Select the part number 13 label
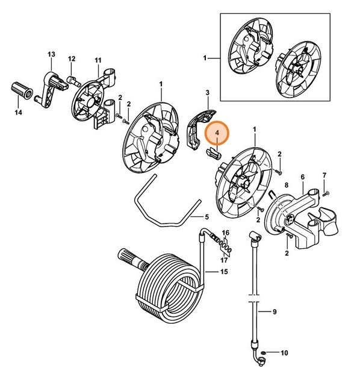point(51,54)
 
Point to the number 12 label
point(72,58)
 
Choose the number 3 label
point(206,93)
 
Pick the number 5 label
point(206,217)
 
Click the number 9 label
point(274,312)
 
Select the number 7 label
point(324,175)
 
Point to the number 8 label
point(286,186)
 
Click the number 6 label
point(302,177)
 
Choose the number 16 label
point(226,232)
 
